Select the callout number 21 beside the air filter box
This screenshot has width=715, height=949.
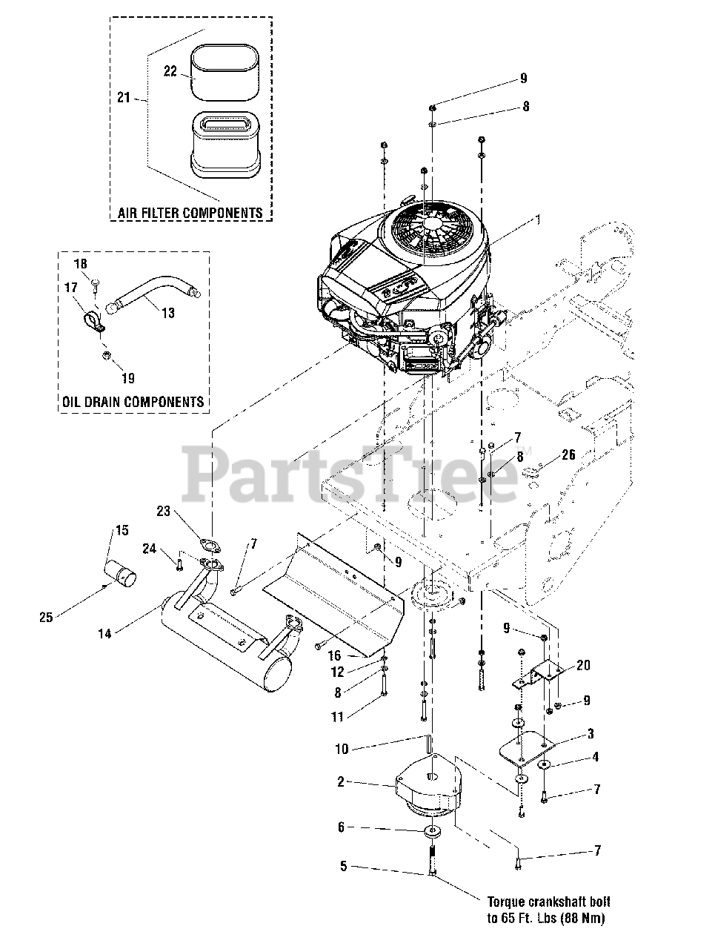point(124,96)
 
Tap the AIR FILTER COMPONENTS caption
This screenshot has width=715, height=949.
point(190,213)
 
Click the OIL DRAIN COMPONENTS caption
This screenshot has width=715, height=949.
point(133,402)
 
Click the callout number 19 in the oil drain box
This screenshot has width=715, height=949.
point(128,378)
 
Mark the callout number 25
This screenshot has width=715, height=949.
point(46,617)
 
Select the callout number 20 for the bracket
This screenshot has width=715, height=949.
point(583,665)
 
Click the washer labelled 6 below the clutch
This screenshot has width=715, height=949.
point(432,828)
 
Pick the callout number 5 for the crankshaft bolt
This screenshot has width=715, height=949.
point(343,865)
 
